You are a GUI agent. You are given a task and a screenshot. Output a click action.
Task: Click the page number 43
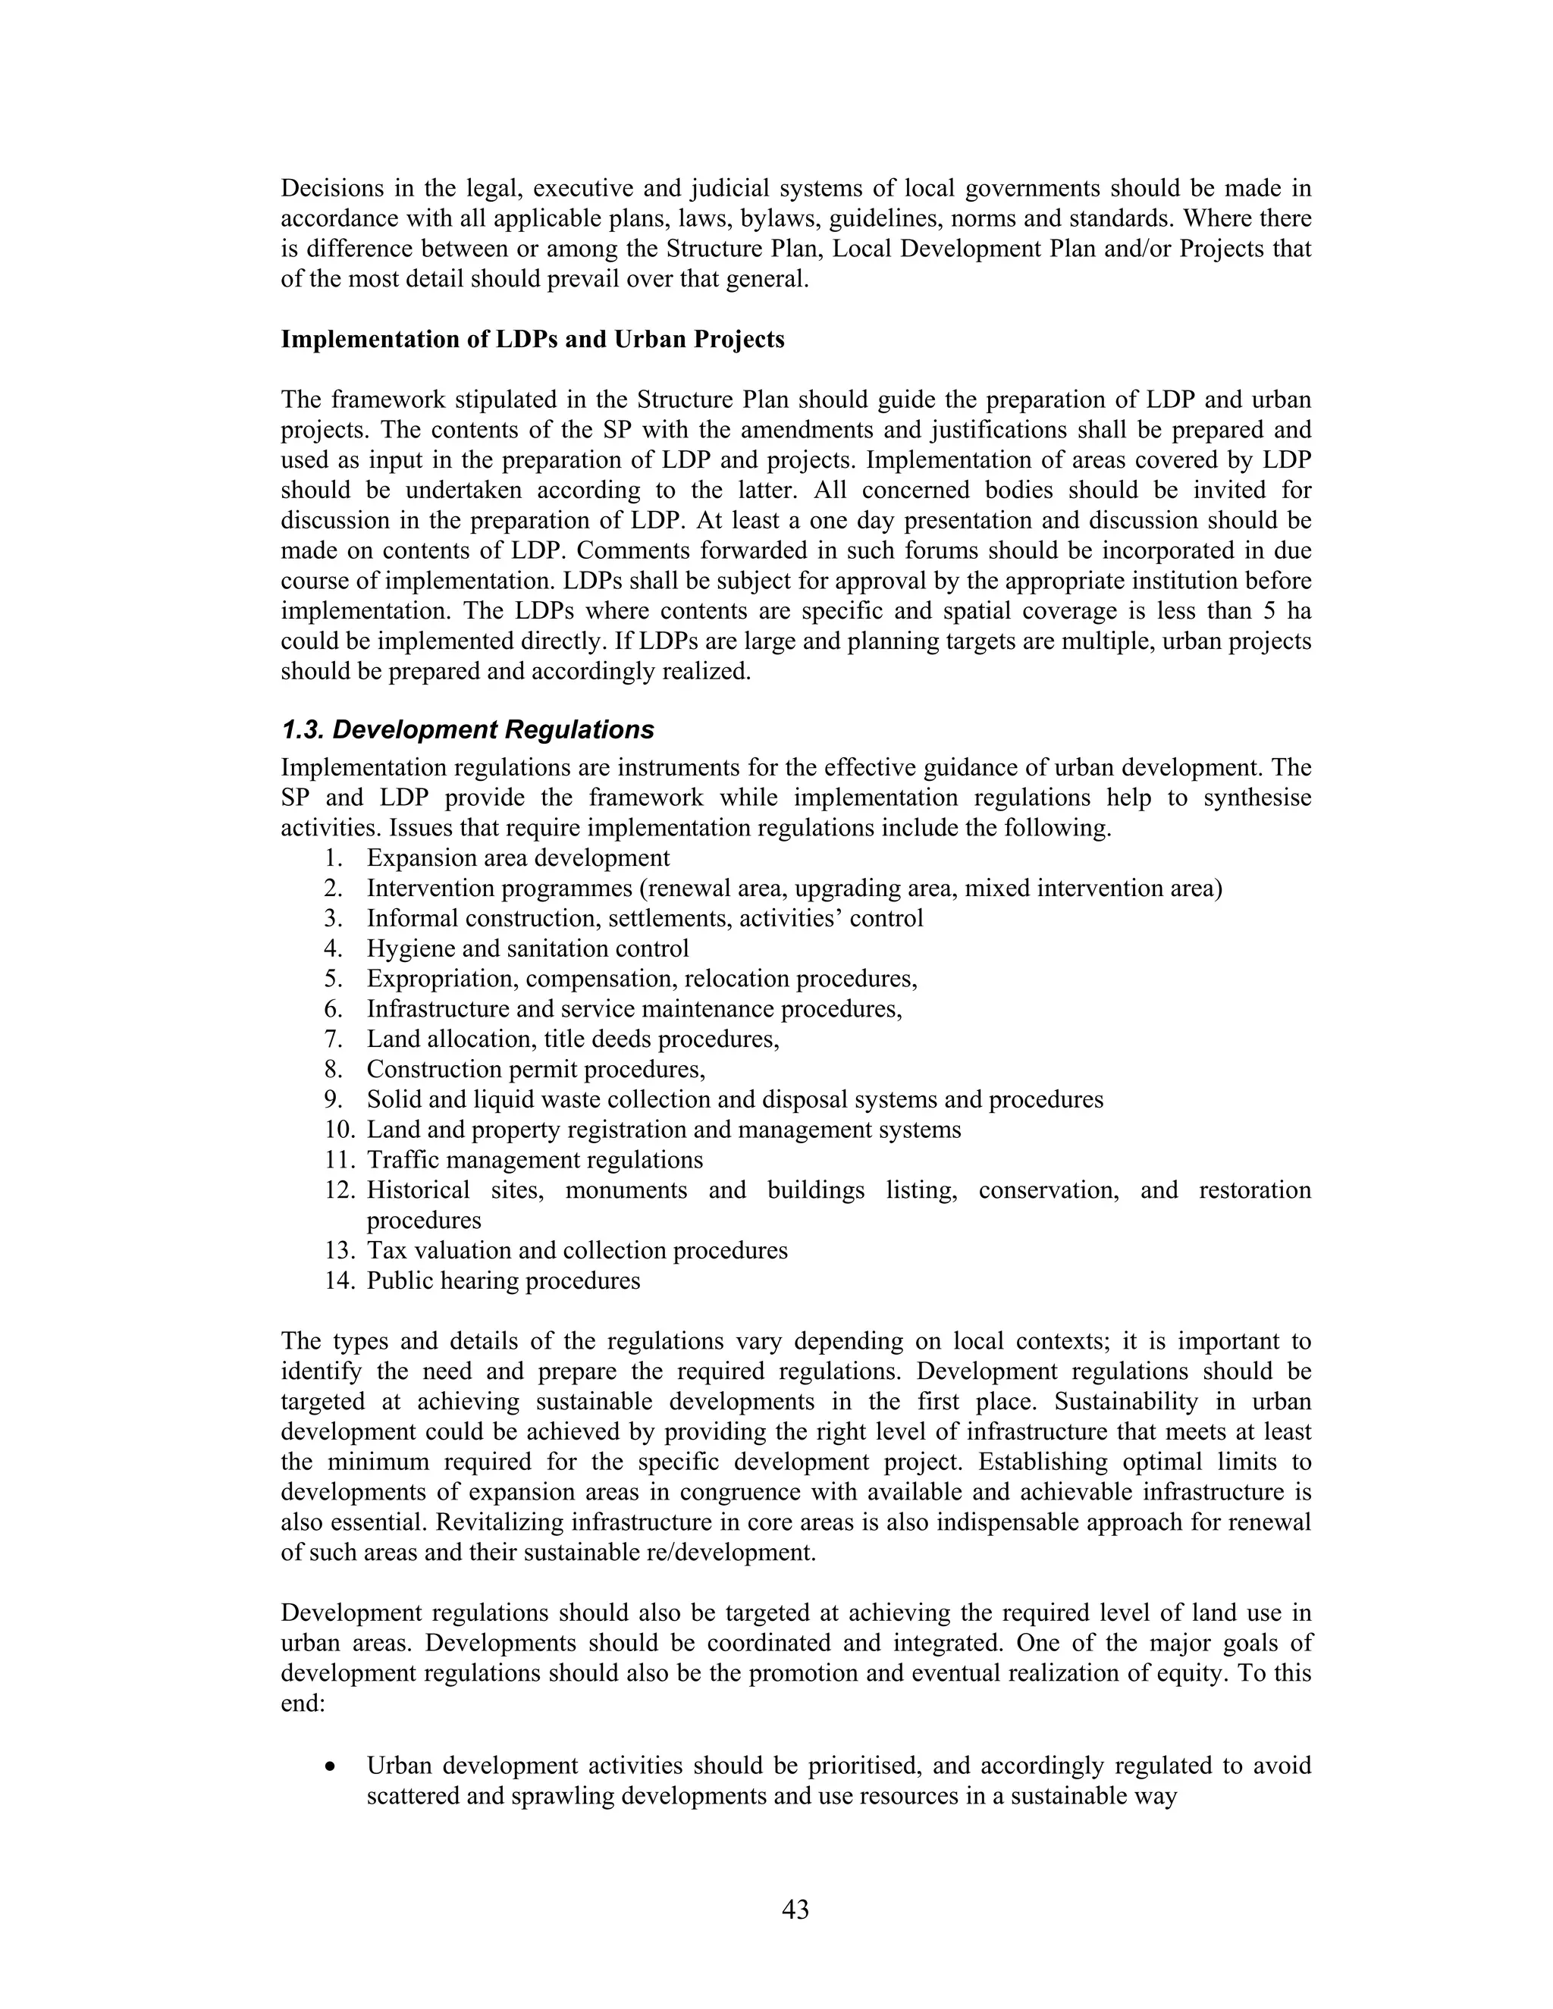coord(795,1910)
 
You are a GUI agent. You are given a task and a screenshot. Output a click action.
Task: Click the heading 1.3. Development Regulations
coord(467,729)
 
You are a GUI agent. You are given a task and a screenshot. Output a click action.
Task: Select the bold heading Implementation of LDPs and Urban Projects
coord(532,340)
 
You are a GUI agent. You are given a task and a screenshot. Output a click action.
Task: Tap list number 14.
coord(337,1280)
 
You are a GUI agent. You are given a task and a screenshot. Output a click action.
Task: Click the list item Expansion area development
coord(518,858)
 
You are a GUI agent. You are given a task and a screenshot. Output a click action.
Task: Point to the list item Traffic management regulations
coord(535,1160)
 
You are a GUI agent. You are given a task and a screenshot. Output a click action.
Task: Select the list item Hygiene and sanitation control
coord(527,948)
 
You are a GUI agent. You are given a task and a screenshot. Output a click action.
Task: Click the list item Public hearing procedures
coord(504,1280)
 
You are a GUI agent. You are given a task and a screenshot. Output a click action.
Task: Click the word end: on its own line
coord(303,1703)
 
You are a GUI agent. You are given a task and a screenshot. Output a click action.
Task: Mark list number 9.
coord(333,1099)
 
